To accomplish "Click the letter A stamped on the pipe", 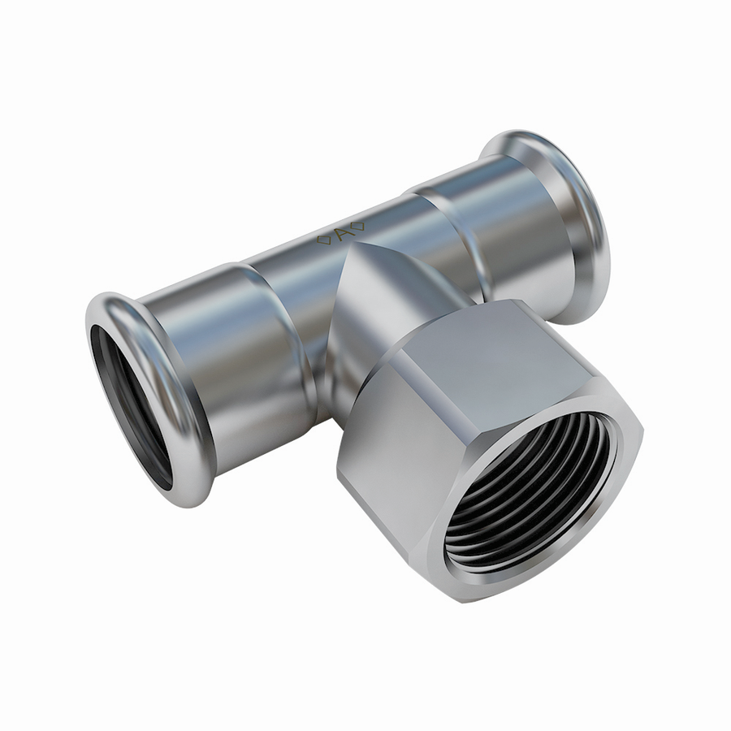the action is pyautogui.click(x=341, y=235).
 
